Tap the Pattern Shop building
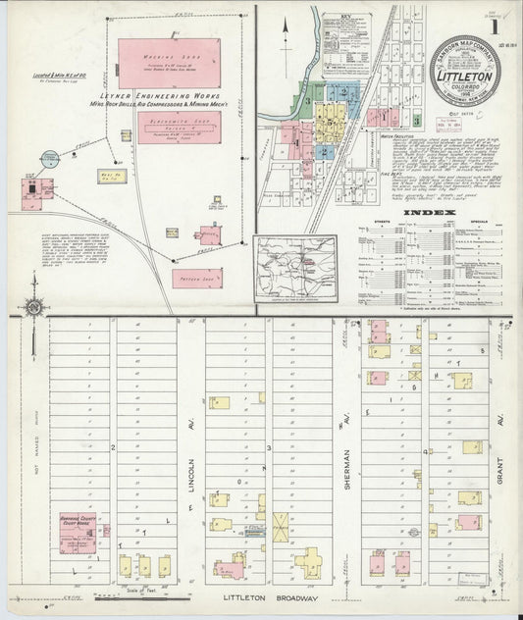click(x=196, y=279)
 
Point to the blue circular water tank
click(x=50, y=158)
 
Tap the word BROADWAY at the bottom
click(x=291, y=595)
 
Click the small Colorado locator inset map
click(x=295, y=264)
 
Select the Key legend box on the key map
click(x=347, y=43)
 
